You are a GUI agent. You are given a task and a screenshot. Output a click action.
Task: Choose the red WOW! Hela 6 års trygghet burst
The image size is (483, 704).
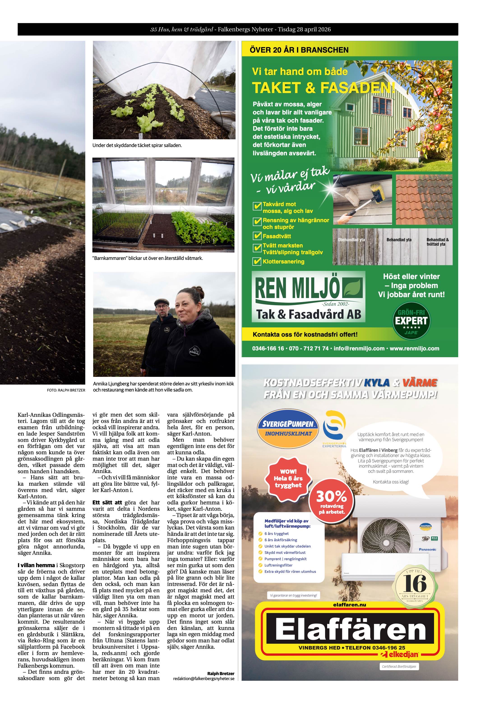[288, 478]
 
